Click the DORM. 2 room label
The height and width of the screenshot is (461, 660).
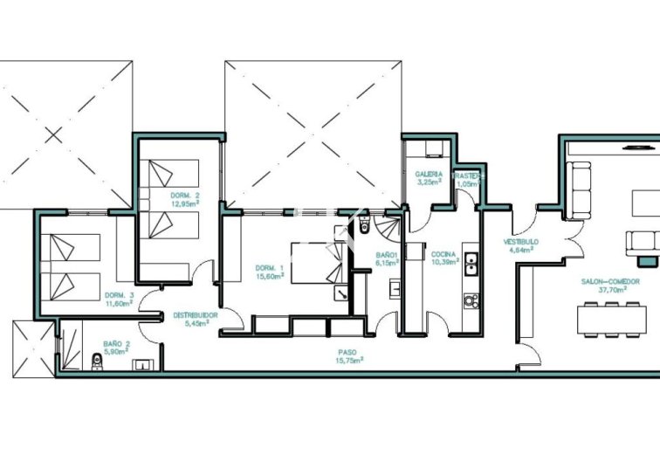(185, 195)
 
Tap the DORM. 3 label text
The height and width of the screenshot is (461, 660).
(119, 295)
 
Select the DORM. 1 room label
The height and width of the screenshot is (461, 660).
(268, 267)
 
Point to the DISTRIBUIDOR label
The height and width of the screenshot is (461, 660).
(194, 314)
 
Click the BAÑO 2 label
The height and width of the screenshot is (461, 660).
(116, 344)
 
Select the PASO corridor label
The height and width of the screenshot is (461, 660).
(347, 351)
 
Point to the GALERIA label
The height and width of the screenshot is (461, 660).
(429, 175)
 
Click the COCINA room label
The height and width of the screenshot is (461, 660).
(443, 254)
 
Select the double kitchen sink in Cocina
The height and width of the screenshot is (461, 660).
(471, 264)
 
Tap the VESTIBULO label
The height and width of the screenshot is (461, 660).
(520, 241)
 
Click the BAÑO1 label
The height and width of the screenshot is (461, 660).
(387, 254)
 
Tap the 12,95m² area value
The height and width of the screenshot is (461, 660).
(185, 203)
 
